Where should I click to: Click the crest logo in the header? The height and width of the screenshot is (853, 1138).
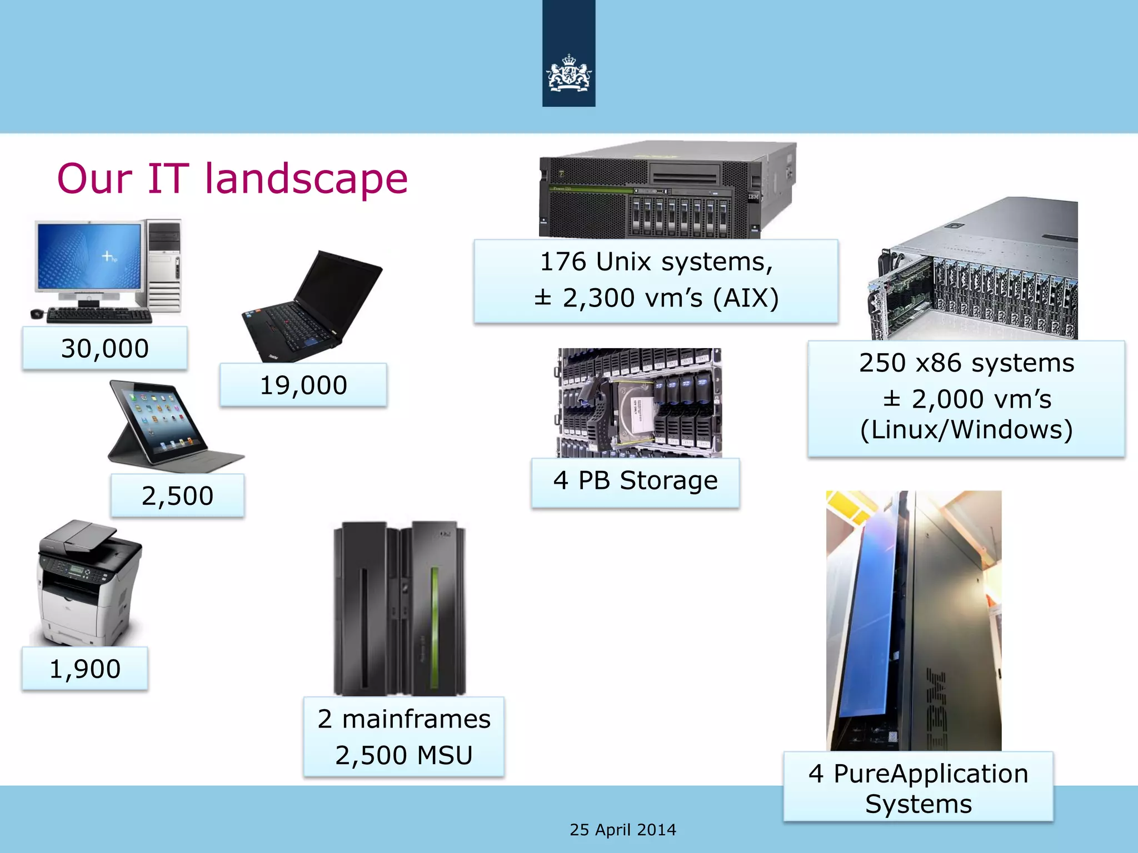pos(568,74)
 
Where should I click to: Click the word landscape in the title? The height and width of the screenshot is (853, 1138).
pos(306,179)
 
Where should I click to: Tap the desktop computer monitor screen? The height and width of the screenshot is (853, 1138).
pos(89,255)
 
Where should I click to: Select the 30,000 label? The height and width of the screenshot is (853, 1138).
pos(105,349)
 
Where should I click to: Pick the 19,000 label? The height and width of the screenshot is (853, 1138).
pos(303,385)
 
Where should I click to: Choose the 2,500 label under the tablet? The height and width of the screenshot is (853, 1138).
pos(177,496)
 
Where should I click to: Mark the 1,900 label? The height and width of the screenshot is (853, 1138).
pos(85,669)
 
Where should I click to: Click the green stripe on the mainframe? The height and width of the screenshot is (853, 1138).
pos(435,628)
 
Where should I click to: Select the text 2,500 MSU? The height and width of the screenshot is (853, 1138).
pos(404,755)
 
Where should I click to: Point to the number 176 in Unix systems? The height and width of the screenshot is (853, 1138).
pos(563,262)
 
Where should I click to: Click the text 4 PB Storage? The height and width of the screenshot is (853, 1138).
pos(635,481)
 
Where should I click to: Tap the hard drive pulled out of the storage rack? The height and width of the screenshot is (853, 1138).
pos(633,408)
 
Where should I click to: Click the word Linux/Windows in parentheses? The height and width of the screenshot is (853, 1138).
pos(966,430)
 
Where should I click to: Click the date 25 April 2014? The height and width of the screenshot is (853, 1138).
pos(623,830)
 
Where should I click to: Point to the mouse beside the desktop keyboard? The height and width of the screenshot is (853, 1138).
pos(37,314)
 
